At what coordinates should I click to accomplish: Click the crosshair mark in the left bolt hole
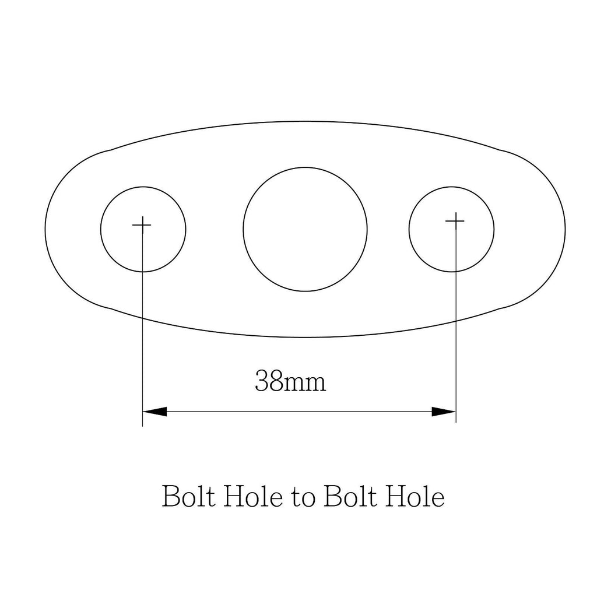pos(142,225)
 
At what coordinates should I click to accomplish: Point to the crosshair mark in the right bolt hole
pos(455,221)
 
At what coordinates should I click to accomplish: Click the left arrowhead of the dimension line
pos(154,412)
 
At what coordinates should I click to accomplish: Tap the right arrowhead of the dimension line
pos(444,412)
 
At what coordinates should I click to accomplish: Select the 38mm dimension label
pos(290,381)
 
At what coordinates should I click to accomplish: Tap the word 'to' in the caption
pos(304,498)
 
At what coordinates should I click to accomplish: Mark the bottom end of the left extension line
pos(142,426)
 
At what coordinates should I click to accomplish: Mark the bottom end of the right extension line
pos(456,423)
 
